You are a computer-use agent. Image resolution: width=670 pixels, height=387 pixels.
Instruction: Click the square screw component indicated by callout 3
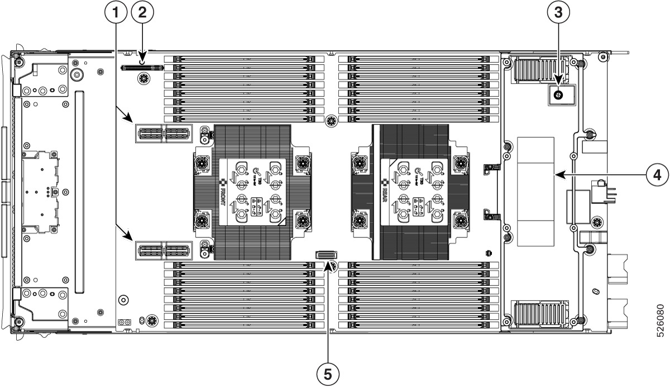558,95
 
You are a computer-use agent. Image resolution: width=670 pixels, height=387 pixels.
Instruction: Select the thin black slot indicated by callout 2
141,68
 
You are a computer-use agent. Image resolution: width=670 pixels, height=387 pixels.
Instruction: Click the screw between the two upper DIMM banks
332,120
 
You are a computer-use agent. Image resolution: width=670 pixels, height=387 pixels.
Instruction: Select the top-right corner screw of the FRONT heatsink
303,163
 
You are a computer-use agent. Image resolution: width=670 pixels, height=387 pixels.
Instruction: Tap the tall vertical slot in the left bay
79,193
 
